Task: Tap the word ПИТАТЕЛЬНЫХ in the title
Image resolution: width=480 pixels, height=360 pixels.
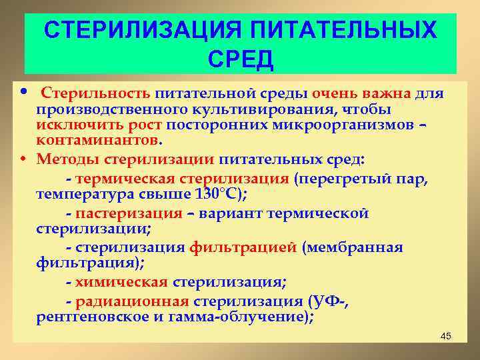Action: click(x=345, y=31)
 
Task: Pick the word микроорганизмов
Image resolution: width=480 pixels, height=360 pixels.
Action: click(x=350, y=125)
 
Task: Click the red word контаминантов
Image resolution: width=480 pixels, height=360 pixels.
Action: click(x=97, y=141)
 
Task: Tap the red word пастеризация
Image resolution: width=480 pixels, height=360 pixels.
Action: click(x=129, y=213)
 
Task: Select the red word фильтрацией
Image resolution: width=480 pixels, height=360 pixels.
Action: click(x=243, y=248)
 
